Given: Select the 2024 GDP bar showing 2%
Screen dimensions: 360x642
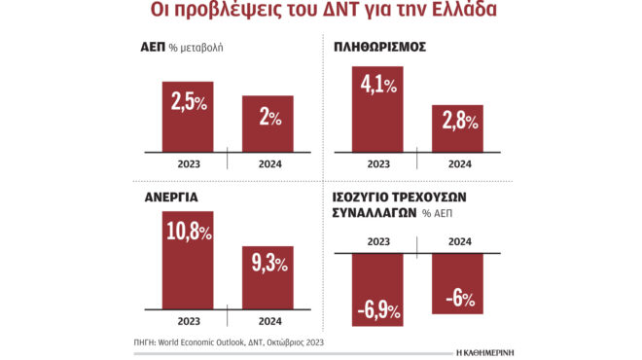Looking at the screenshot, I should (267, 125).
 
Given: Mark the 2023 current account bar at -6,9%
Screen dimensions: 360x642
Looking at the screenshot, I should (377, 289).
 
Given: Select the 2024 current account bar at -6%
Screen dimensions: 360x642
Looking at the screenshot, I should (457, 283).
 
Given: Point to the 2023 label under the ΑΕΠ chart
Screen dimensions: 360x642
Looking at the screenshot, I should (188, 162).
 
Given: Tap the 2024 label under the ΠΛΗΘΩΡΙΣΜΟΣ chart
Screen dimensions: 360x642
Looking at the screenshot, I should (457, 162).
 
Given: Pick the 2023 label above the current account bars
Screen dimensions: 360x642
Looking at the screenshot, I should (377, 242).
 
